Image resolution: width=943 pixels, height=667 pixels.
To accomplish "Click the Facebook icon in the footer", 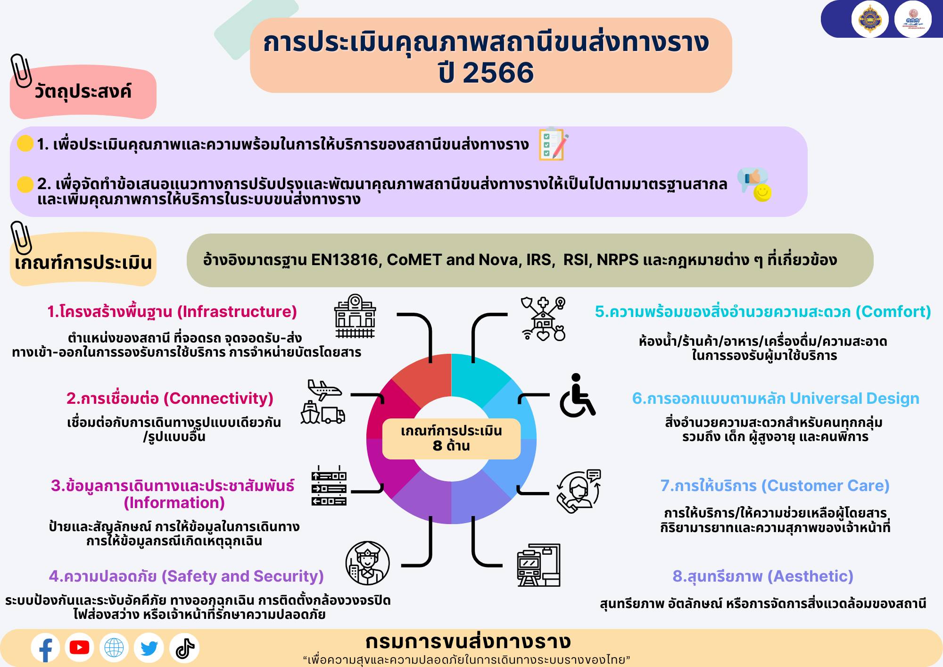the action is point(45,648).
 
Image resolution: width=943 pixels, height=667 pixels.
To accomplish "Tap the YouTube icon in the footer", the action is point(79,648).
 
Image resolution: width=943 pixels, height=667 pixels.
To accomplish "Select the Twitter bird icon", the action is point(149,648).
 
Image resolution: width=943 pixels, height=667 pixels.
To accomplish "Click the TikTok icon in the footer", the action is point(185,648).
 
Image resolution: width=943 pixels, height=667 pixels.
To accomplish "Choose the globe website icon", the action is point(114,648).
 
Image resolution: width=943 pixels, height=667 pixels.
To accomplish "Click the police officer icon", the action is point(367,563).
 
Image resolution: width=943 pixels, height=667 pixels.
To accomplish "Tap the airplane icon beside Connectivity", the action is point(324,390).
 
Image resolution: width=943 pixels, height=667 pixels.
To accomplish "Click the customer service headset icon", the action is point(579,492).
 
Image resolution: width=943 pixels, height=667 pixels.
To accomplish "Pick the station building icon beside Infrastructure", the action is point(355,316).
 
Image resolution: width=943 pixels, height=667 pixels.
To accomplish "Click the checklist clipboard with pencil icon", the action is point(554,144).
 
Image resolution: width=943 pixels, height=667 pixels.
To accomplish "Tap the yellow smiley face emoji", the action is point(762,192).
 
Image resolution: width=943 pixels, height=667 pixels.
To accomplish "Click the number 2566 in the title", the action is point(498,73).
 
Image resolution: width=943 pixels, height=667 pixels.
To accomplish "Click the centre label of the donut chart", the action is point(451,439).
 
